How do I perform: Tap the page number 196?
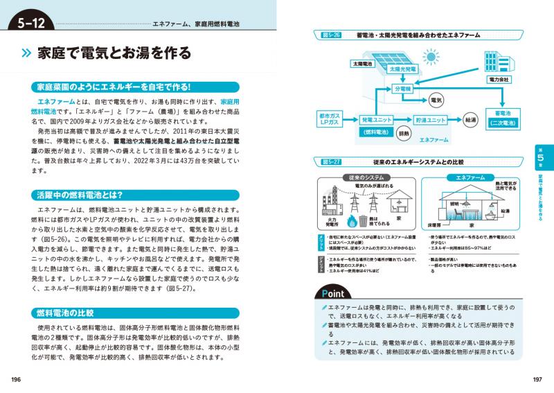click(x=17, y=378)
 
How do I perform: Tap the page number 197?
click(x=537, y=378)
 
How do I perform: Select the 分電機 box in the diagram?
click(x=402, y=89)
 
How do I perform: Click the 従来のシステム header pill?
click(x=361, y=178)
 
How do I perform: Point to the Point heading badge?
click(x=341, y=291)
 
